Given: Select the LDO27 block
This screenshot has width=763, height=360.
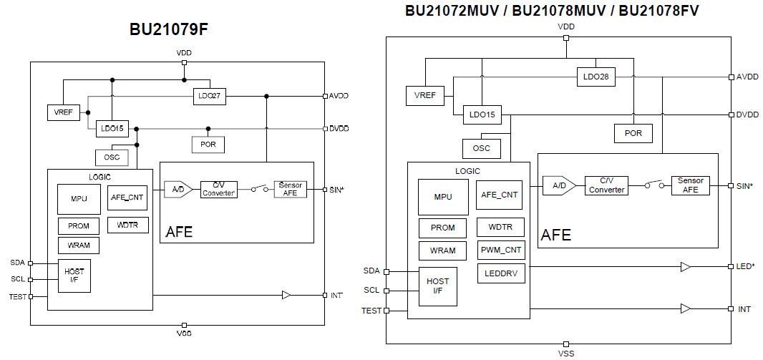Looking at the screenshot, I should pos(209,97).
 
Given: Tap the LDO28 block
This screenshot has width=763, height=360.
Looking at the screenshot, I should pos(596,77).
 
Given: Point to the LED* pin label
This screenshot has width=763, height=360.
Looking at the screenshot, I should pos(746,267).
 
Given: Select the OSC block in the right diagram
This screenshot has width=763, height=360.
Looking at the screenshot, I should pos(481,148).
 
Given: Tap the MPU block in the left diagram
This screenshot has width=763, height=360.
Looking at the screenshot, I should pos(79,198).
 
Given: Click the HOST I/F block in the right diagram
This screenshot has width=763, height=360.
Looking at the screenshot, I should pos(437,286).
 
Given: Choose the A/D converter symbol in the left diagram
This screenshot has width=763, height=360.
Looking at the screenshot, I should pos(175,190).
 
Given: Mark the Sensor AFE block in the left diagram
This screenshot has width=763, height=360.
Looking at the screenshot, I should pos(290,190).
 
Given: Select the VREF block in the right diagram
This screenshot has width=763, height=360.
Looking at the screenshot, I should pos(424,95).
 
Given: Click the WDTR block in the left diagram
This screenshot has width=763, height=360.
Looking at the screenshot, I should pos(128,225).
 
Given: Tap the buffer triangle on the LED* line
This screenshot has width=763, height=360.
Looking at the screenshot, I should pos(685,267).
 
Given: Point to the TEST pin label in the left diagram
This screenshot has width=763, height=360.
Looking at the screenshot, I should pos(17,296).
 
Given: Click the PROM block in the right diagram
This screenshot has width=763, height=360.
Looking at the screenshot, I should pos(442,228).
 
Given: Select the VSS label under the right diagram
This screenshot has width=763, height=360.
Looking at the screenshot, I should pos(565,353).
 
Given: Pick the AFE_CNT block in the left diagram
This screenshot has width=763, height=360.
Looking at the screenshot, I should pos(128,198).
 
